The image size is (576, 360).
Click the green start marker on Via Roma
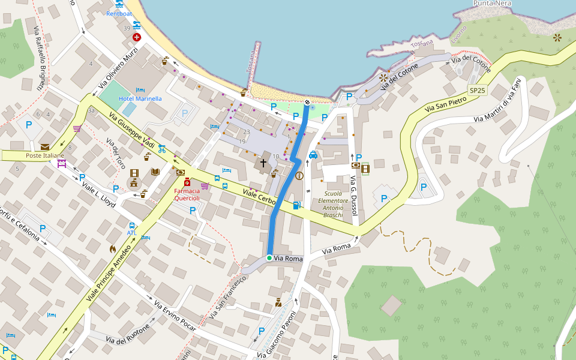click(x=269, y=258)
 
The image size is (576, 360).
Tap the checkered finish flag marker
click(x=307, y=103)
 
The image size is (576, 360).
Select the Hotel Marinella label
click(x=140, y=98)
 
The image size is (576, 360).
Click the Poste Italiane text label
click(x=45, y=156)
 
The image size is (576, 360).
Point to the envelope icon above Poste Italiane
click(x=45, y=146)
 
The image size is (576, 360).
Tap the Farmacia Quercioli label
click(x=187, y=194)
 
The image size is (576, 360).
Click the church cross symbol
click(x=263, y=163)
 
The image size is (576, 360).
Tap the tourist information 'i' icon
click(x=299, y=176)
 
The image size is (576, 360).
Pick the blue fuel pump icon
click(x=296, y=205)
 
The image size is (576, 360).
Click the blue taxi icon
click(x=313, y=155)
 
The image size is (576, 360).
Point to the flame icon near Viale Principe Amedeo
click(x=112, y=248)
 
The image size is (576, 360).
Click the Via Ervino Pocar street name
click(x=175, y=314)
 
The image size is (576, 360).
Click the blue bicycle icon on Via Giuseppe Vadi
click(x=162, y=149)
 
